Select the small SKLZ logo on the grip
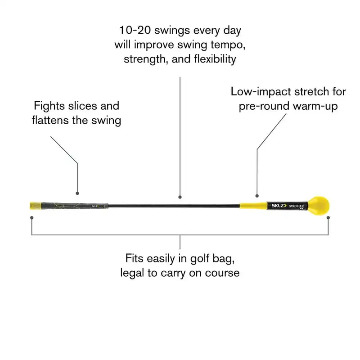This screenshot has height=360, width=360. pos(95,207)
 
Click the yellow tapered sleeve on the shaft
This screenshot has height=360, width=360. pos(252,206)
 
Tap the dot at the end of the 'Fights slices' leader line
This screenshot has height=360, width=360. pos(77,193)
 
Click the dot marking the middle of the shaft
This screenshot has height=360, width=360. pos(180,197)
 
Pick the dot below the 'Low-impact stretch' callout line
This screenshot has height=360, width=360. pos(257,196)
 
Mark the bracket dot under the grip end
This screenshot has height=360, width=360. pos(31,218)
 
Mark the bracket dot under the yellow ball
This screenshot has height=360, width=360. pos(328,218)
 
